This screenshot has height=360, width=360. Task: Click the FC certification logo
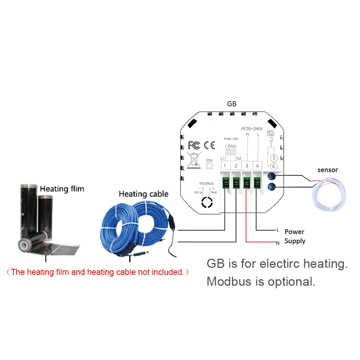click(x=194, y=145)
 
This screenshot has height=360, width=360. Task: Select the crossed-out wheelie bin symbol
click(x=194, y=160)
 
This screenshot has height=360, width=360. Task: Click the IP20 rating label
click(x=209, y=160)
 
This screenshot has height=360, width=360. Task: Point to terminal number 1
click(x=224, y=166)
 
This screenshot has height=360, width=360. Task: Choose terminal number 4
click(x=258, y=166)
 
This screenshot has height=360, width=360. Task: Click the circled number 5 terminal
click(x=273, y=158)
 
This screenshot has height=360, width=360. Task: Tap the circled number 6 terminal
click(x=273, y=166)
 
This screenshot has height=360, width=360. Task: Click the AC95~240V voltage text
click(x=252, y=128)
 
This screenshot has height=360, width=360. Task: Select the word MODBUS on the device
click(x=206, y=184)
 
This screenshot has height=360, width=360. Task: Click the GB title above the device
click(x=232, y=104)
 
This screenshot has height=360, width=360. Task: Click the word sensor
click(x=328, y=170)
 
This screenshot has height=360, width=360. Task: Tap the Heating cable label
click(x=143, y=194)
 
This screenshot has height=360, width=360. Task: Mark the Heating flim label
click(x=62, y=189)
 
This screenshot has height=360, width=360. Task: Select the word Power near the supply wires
click(x=294, y=232)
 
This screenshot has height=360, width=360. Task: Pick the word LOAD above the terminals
click(x=230, y=146)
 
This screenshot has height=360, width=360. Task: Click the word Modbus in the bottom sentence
click(x=228, y=282)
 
